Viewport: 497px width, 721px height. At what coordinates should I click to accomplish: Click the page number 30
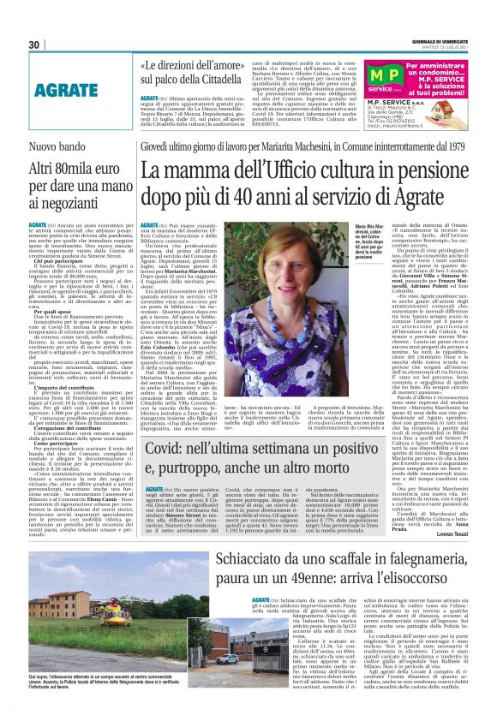[x=34, y=45]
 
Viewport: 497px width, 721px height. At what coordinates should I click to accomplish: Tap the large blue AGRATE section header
[x=64, y=89]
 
